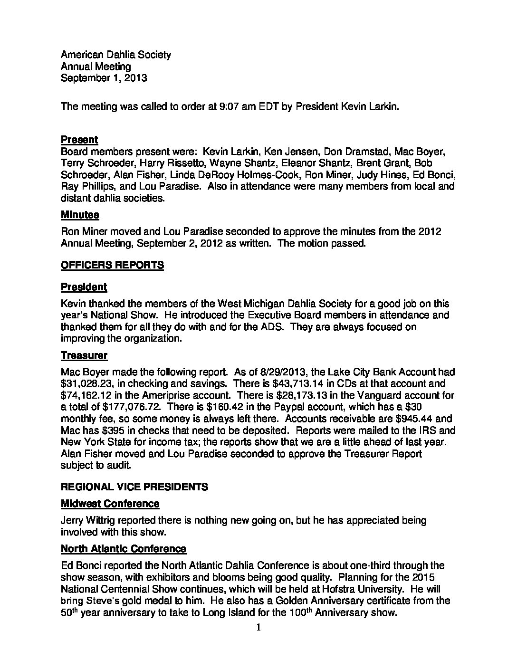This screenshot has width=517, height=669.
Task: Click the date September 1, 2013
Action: [x=104, y=78]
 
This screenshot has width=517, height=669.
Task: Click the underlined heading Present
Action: [x=79, y=140]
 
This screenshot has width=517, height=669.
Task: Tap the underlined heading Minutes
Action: [x=80, y=215]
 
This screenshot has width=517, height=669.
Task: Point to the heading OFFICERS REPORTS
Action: [x=112, y=265]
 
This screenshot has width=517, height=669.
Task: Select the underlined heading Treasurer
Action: [x=84, y=355]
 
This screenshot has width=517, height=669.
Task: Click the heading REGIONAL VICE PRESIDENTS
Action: [x=134, y=487]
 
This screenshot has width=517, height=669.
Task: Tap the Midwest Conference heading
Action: [x=110, y=503]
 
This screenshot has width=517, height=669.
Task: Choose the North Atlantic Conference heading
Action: [x=124, y=549]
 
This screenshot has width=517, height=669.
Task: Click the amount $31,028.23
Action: [x=88, y=383]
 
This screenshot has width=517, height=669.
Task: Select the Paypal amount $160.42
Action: [x=222, y=407]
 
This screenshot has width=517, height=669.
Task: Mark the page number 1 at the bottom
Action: [x=258, y=628]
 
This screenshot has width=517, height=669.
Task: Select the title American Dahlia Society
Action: [x=115, y=55]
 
